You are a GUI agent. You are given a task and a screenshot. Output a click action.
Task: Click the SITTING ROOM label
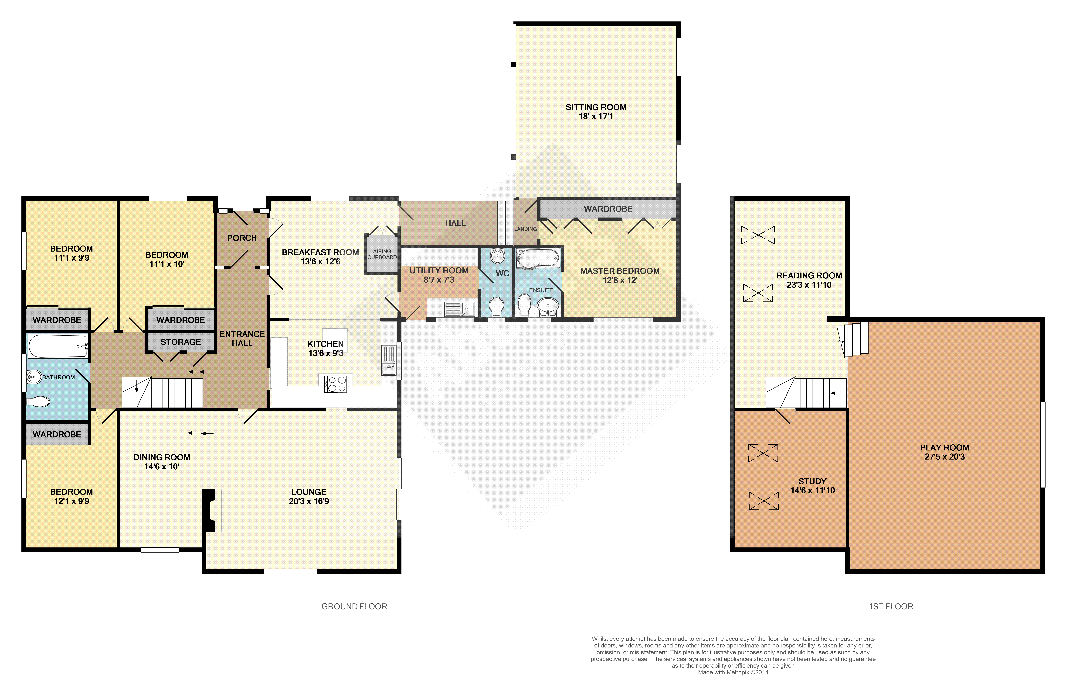596,107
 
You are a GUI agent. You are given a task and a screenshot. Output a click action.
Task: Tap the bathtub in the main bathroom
58,346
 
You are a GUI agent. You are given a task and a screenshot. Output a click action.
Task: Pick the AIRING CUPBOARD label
382,254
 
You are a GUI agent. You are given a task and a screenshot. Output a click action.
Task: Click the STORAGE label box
180,342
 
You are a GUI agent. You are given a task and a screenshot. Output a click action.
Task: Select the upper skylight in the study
763,453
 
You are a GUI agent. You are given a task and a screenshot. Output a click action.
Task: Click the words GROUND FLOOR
354,607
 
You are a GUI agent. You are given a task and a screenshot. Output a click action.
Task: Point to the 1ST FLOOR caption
891,607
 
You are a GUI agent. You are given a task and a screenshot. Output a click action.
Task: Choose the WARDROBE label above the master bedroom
608,209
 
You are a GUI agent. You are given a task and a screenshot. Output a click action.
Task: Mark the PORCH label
242,238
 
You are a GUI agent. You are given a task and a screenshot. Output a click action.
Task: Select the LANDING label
525,229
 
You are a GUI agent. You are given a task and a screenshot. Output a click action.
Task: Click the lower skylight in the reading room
758,293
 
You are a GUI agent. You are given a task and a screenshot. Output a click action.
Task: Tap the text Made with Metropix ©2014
733,672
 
